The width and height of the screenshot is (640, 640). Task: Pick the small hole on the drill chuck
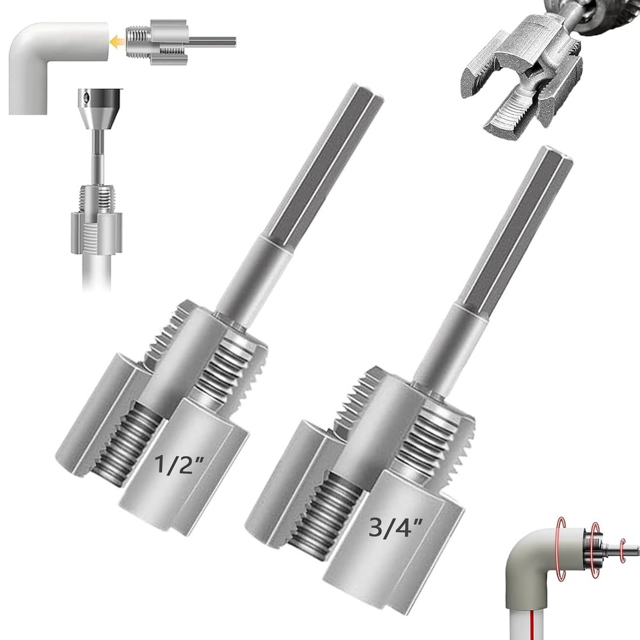coord(85,97)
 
